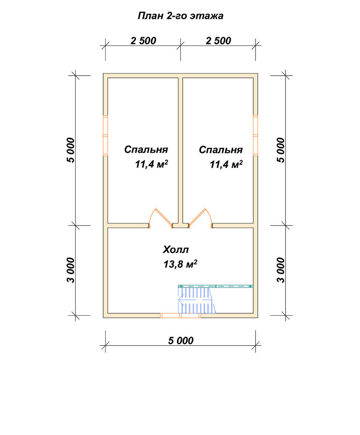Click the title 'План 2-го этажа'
[180, 16]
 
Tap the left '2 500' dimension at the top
[143, 41]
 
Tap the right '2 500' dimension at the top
[218, 41]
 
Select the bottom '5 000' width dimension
[181, 341]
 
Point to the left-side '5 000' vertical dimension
[71, 150]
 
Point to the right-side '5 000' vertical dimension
[281, 150]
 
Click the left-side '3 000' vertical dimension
[71, 270]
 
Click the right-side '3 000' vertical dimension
[281, 270]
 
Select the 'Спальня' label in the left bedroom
[146, 150]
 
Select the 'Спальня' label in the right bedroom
[221, 150]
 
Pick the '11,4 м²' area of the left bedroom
[151, 164]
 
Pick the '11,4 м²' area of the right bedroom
[226, 164]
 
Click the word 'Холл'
[176, 249]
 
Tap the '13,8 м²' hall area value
[180, 264]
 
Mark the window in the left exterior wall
[105, 135]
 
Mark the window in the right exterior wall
[256, 135]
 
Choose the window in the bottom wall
[180, 315]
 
